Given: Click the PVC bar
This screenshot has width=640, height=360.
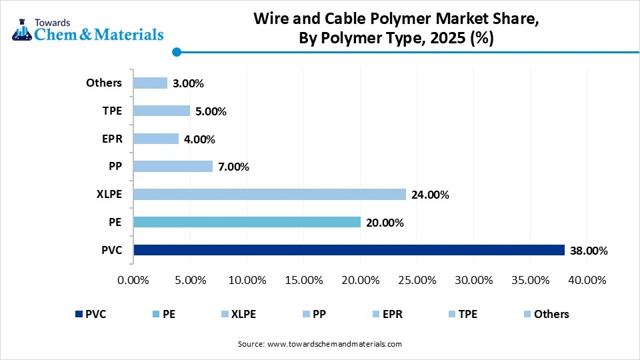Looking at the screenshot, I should [x=349, y=251].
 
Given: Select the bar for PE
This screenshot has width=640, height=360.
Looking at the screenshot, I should [x=247, y=223].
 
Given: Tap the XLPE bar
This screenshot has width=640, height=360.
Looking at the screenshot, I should [x=269, y=195].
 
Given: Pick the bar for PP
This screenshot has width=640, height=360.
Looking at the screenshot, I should [x=173, y=167].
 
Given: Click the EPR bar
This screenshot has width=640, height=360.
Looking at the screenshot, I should [x=156, y=139].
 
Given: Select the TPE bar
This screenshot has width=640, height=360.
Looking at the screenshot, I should [x=161, y=111].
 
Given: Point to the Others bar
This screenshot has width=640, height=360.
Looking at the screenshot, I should [x=150, y=83].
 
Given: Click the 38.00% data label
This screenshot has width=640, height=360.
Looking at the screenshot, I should [x=589, y=251].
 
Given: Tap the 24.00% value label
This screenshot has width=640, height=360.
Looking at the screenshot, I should [x=430, y=195].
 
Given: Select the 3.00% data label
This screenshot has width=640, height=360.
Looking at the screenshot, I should [x=188, y=83].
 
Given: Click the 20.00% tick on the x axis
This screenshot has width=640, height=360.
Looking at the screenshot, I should [x=360, y=280].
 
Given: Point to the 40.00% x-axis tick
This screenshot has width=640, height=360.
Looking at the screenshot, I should [x=587, y=280].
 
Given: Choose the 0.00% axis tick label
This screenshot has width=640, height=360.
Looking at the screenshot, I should [x=133, y=280].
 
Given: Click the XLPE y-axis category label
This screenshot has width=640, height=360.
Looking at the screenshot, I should [x=109, y=194].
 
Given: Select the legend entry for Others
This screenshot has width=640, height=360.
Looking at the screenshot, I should [x=546, y=314].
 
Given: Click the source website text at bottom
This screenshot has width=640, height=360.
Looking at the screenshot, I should [x=319, y=344].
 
